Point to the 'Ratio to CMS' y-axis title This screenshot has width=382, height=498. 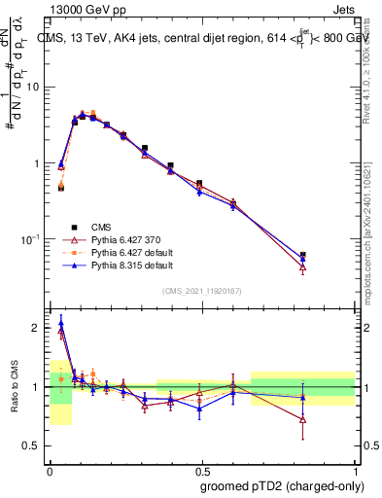coord(16,386)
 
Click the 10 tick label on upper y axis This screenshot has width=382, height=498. coord(34,88)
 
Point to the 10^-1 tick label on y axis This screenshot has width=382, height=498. coord(31,238)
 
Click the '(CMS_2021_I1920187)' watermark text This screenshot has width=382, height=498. coord(202,290)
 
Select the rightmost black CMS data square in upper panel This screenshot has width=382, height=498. coord(303,256)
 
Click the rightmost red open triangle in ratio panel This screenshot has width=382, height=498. coord(303,420)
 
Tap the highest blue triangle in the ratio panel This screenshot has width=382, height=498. coord(61,323)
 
